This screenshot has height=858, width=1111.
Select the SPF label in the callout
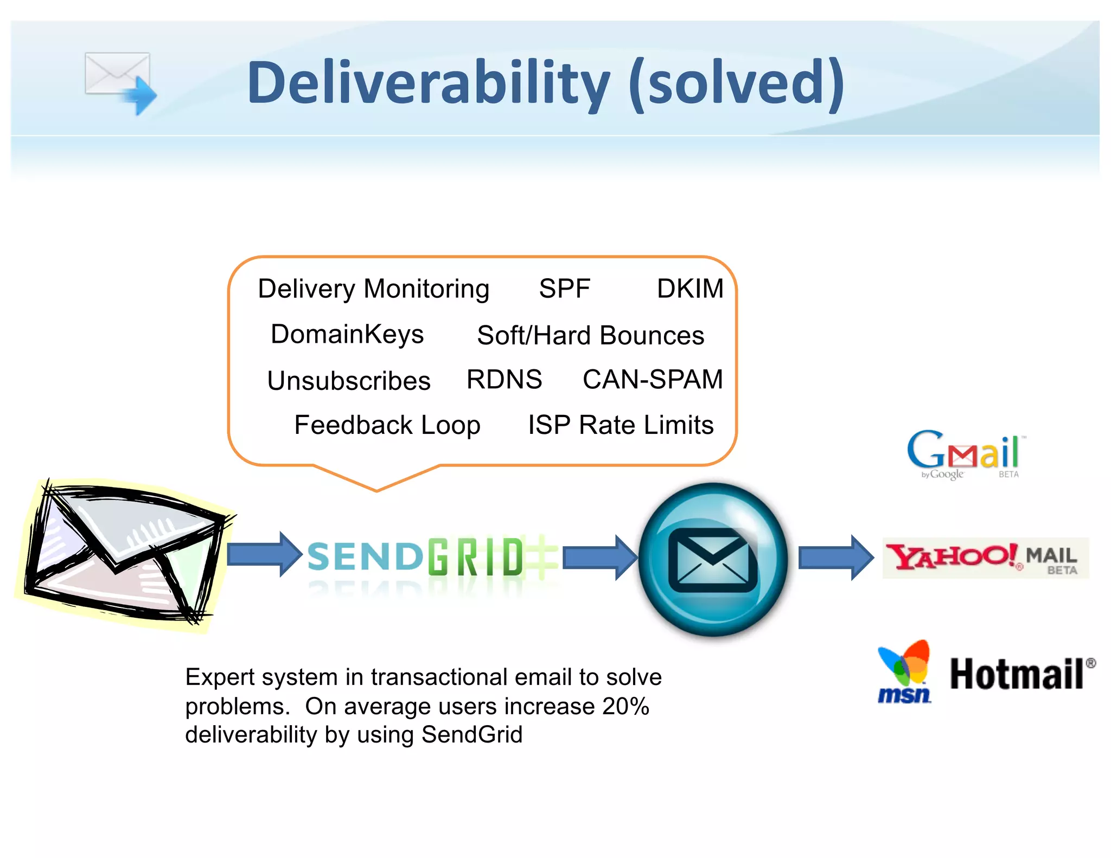point(564,289)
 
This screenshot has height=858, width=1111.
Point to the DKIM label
point(690,289)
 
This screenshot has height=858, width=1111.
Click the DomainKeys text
point(347,334)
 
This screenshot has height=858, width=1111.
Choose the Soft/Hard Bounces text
point(590,335)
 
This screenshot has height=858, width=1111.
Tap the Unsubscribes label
point(349,380)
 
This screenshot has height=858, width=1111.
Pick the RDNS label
point(504,379)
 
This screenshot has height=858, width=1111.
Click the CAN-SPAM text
point(653,379)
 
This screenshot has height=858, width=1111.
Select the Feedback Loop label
point(387,425)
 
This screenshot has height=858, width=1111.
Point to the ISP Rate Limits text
point(621,425)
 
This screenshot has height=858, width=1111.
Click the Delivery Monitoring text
point(373,289)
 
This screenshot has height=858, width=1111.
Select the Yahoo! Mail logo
point(985,558)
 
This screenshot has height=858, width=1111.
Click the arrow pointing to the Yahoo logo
point(835,558)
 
